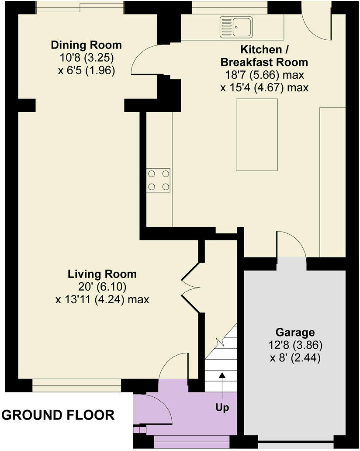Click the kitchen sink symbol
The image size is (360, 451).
[x=236, y=26]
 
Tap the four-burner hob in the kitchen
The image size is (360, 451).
[x=159, y=180]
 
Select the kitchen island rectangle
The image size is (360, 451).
[x=256, y=135]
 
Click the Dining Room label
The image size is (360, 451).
[x=86, y=45]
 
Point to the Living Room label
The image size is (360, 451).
[x=102, y=274]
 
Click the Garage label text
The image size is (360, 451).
[x=295, y=332]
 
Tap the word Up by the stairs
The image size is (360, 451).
[x=222, y=408]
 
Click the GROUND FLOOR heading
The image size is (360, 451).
[x=58, y=415]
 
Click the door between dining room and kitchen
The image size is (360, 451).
[x=144, y=61]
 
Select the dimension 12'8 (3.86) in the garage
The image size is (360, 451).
[x=295, y=345]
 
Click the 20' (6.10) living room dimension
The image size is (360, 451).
[x=102, y=287]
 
